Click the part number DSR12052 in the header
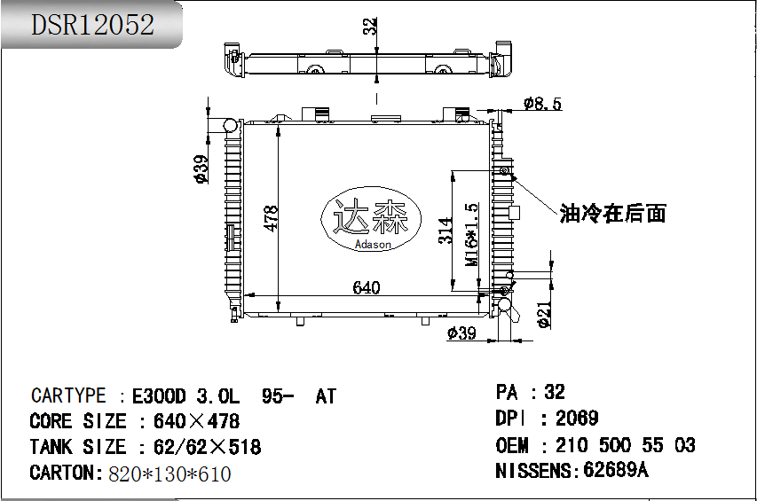point(92,25)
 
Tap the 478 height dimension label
point(271,218)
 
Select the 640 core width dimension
point(366,287)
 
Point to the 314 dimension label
point(446,230)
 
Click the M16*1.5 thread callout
point(471,234)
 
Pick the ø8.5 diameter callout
point(542,103)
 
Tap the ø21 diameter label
point(544,315)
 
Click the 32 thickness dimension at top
point(369,26)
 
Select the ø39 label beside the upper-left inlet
point(201,168)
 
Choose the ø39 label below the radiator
point(461,333)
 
